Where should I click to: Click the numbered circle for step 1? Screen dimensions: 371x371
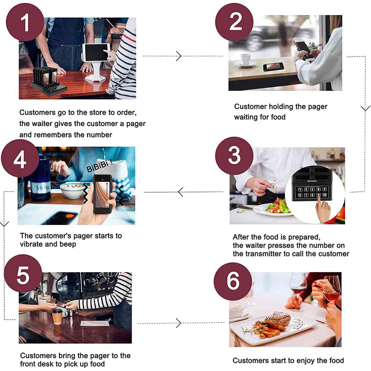(x=25, y=22)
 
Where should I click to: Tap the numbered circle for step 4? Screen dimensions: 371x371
(x=20, y=158)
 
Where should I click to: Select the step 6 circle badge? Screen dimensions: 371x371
(x=233, y=281)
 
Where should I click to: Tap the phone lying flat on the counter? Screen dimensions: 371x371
(x=273, y=67)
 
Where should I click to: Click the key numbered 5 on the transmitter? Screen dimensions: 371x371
(x=324, y=189)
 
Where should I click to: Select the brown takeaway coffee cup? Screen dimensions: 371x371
(x=57, y=316)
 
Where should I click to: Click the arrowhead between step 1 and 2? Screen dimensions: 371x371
(x=179, y=56)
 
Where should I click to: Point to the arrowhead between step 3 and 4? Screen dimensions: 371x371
(x=180, y=192)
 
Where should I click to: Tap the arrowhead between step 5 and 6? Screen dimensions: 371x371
(x=179, y=323)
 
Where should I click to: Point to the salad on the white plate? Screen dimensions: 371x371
(x=277, y=205)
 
